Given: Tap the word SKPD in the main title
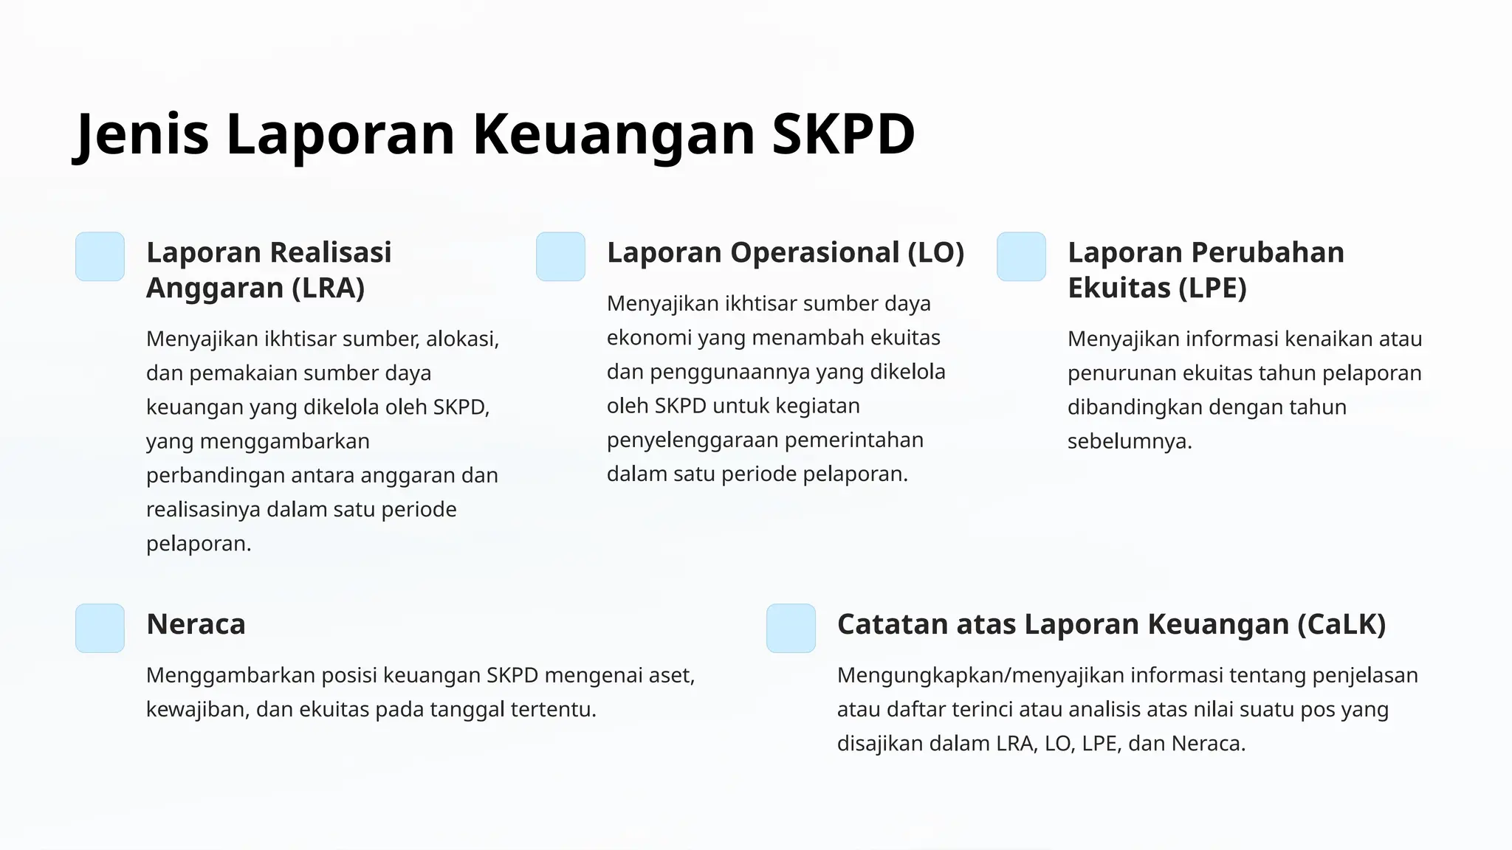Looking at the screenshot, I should coord(842,134).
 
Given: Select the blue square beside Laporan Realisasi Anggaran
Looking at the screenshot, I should coord(100,257).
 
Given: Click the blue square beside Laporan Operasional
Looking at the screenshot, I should coord(560,257).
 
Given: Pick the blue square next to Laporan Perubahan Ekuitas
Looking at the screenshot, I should coord(1021,257).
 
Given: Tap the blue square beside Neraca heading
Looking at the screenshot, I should coord(100,628).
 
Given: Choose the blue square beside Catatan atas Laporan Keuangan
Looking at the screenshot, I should coord(791,628).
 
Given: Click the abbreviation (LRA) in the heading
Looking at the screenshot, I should coord(329,288).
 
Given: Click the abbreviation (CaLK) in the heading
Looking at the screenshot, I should coord(1341,624).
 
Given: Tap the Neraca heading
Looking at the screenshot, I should coord(196,624).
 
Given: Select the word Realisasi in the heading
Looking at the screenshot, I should coord(331,252).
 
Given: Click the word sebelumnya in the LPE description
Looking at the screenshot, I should coord(1129,441).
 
